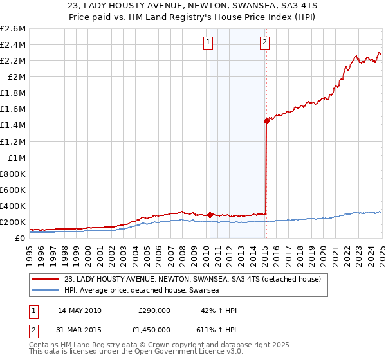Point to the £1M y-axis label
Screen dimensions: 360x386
[x=17, y=157]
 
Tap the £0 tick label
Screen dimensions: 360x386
[x=21, y=239]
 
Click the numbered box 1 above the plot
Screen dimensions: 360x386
[x=209, y=43]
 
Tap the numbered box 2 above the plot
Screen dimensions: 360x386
[x=265, y=43]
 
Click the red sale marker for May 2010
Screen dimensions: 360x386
[x=210, y=215]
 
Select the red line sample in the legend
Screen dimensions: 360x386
[x=45, y=279]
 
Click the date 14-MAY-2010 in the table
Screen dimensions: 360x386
[x=80, y=310]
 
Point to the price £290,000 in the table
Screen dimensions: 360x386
[x=154, y=310]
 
